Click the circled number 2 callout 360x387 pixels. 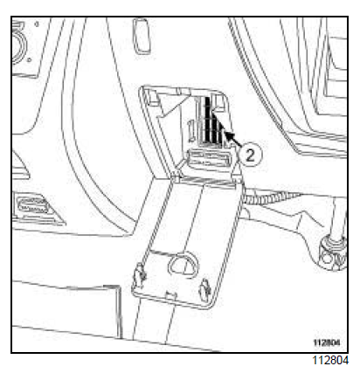click(x=250, y=155)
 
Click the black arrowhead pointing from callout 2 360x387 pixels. click(x=228, y=135)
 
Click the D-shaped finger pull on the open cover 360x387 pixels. click(x=183, y=264)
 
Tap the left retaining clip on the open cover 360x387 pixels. click(x=141, y=275)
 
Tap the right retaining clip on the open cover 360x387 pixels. click(x=204, y=288)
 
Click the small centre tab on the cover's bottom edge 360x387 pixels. click(x=170, y=294)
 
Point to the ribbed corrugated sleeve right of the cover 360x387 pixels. click(x=271, y=198)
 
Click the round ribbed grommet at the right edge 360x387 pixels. click(x=333, y=252)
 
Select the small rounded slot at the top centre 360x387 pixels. click(x=142, y=36)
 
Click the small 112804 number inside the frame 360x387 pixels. click(x=327, y=342)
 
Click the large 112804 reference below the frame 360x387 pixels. click(x=330, y=360)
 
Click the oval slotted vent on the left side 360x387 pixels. click(x=33, y=206)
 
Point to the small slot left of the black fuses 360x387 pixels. click(x=191, y=132)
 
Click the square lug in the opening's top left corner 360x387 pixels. click(x=151, y=99)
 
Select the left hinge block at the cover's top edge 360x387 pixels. click(x=176, y=178)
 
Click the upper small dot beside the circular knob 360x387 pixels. click(x=37, y=24)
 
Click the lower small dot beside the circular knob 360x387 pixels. click(x=29, y=60)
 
